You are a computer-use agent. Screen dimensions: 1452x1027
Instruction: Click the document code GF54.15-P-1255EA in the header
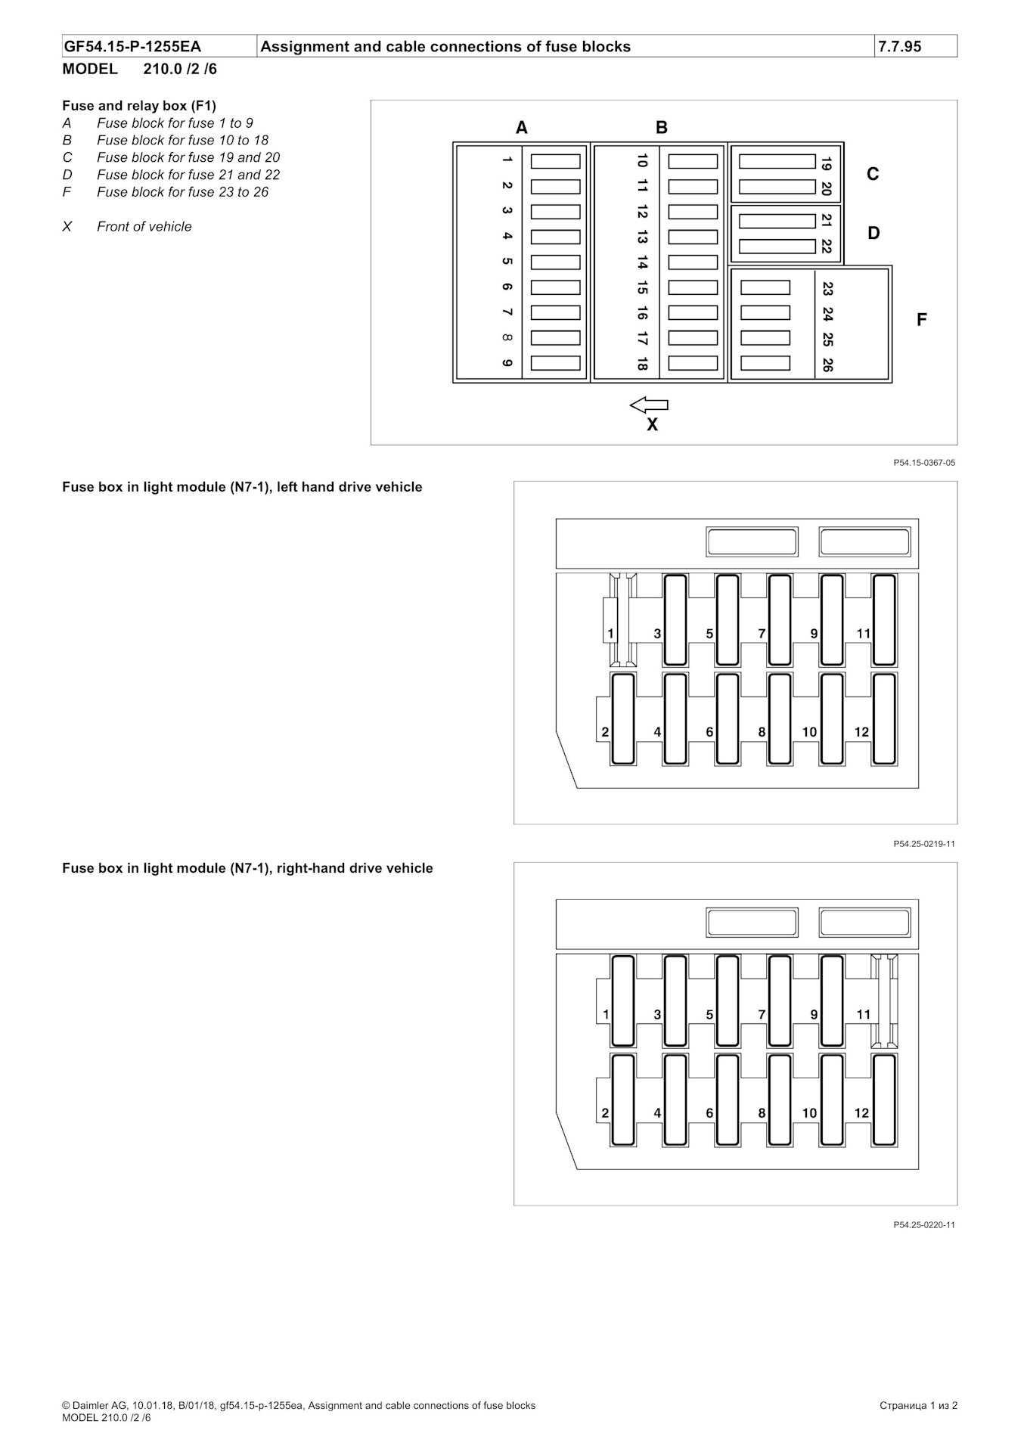click(132, 46)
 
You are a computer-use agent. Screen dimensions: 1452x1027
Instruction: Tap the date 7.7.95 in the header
click(899, 46)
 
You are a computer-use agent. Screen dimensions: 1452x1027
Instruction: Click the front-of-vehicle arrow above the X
click(649, 405)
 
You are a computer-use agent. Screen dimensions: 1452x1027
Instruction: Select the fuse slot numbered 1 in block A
click(555, 161)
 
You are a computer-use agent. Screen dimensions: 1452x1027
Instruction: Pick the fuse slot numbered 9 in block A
click(555, 363)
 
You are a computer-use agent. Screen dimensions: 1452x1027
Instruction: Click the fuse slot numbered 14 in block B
click(692, 262)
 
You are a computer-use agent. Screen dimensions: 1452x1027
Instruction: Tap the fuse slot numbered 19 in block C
click(777, 161)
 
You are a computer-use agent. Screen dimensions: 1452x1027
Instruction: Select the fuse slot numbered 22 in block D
click(777, 247)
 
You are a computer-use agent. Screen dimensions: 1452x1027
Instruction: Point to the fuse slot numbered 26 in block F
click(765, 363)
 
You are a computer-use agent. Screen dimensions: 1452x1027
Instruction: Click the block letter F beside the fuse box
click(921, 320)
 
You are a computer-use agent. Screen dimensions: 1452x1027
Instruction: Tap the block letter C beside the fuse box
click(873, 174)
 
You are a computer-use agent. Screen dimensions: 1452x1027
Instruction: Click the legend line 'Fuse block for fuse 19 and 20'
click(188, 157)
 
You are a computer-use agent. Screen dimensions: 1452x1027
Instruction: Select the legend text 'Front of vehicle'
click(144, 227)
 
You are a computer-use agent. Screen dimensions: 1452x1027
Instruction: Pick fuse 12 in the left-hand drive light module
click(883, 719)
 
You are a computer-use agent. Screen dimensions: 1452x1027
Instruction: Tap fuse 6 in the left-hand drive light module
click(727, 719)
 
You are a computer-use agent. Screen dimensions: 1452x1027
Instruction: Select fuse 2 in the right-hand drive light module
click(622, 1100)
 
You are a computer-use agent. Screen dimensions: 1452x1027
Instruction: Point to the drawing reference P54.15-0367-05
click(923, 463)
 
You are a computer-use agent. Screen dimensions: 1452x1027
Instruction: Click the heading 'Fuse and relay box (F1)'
click(139, 106)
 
